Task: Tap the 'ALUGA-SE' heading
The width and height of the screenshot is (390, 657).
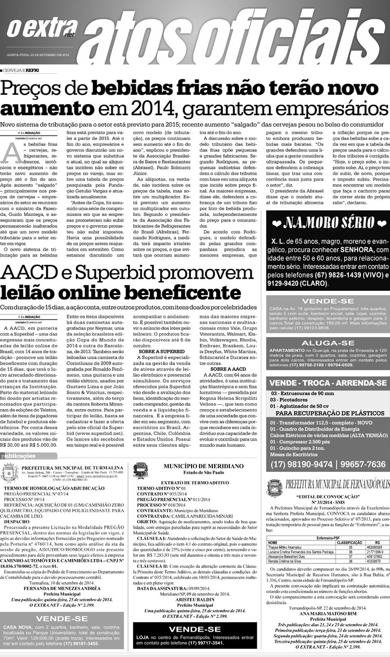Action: (x=328, y=343)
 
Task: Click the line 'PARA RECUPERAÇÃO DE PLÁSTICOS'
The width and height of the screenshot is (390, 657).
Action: (x=330, y=412)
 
